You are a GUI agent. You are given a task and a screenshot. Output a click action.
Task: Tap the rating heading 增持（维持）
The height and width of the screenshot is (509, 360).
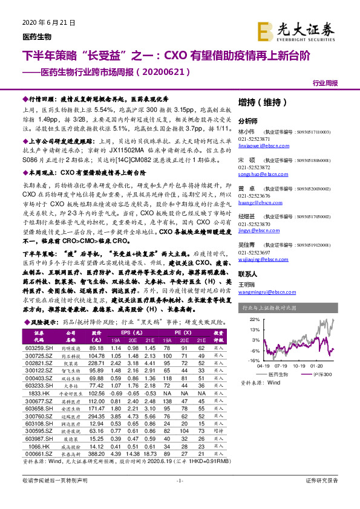tap(260, 102)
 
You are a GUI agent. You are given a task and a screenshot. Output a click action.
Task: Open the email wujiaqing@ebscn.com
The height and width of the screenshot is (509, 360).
tap(260, 257)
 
